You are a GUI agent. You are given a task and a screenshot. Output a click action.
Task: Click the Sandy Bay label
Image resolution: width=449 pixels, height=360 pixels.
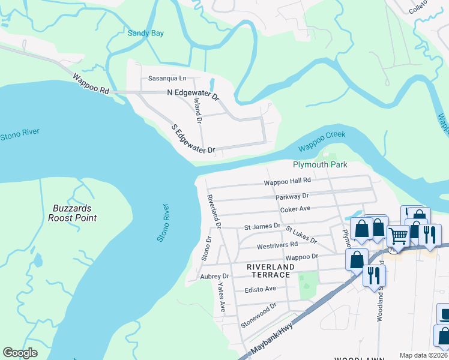[146, 34]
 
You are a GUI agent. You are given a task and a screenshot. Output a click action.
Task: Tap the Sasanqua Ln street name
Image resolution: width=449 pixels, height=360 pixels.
[167, 79]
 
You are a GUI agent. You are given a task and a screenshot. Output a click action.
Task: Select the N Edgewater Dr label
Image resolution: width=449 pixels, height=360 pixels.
[193, 94]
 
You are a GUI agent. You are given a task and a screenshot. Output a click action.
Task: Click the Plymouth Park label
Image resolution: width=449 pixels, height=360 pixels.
[320, 164]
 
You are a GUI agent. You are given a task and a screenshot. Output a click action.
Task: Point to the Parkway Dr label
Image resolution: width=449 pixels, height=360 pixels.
[292, 196]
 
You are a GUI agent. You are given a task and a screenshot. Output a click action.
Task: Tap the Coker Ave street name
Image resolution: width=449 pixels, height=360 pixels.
[295, 209]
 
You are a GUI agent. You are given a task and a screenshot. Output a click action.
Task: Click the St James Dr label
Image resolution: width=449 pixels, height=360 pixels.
[262, 226]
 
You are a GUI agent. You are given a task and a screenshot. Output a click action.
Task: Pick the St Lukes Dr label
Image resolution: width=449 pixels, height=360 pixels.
[301, 235]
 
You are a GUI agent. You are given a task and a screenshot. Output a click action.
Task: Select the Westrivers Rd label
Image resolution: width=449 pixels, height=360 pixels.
[277, 245]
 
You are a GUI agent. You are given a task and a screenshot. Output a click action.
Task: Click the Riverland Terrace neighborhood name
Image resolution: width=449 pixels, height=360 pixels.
[271, 271]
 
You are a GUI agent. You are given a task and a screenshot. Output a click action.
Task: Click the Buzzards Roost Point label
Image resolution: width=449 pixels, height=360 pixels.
[73, 214]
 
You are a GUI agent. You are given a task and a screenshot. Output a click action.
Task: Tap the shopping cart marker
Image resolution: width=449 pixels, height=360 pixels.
[398, 236]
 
